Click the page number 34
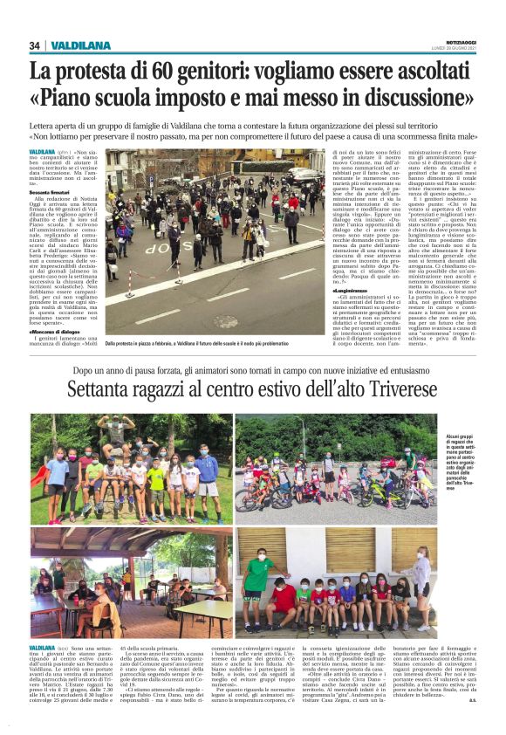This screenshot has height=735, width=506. point(35,45)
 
